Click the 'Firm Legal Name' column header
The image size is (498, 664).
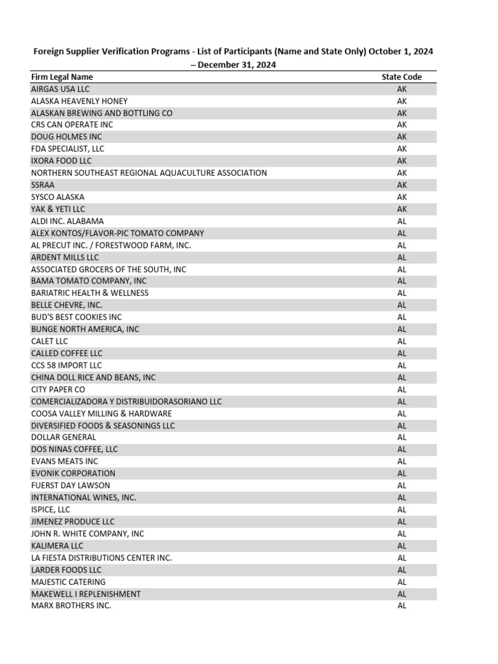point(62,77)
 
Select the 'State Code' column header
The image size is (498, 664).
point(401,77)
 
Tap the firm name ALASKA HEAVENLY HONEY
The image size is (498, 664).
point(79,101)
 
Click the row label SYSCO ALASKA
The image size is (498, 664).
point(58,197)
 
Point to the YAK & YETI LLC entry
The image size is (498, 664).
point(58,209)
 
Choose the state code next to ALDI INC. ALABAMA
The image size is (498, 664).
point(402,221)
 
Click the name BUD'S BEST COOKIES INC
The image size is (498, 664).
point(77,317)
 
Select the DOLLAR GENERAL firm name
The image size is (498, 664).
point(64,437)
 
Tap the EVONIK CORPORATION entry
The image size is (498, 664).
point(73,473)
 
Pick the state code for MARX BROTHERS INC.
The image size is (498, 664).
point(402,606)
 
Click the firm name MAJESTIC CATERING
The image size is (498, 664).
point(68,582)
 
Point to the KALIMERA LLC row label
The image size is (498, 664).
point(57,546)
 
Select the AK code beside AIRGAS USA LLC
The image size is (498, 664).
point(402,89)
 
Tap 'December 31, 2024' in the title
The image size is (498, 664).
point(237,64)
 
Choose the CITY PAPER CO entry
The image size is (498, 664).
point(58,389)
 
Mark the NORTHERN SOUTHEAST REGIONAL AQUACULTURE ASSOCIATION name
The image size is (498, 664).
point(149,173)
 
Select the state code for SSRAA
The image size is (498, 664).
point(402,185)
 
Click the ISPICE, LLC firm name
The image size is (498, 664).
point(51,510)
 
